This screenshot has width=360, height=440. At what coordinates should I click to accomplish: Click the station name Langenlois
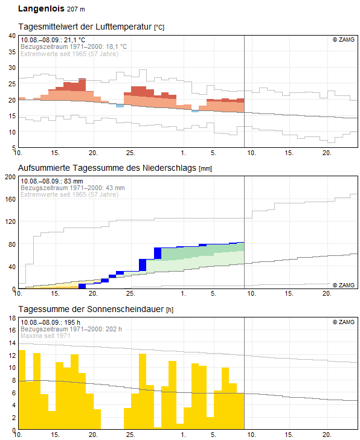[41, 8]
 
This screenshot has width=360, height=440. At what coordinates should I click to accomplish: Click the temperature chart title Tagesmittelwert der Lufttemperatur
[85, 27]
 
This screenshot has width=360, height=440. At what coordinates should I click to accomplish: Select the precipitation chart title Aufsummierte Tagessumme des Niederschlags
[107, 168]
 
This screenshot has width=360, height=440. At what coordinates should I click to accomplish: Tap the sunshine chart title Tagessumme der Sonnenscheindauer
[91, 309]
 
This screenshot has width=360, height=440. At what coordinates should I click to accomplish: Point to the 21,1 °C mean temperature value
[74, 40]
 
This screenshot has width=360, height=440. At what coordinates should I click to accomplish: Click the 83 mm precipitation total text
[73, 181]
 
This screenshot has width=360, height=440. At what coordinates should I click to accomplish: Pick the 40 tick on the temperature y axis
[12, 36]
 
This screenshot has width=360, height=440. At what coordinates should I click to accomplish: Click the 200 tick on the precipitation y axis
[10, 177]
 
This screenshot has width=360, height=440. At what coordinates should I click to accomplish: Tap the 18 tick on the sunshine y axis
[12, 318]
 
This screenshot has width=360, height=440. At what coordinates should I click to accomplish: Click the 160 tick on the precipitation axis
[10, 199]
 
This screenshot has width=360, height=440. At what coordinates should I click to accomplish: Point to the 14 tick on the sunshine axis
[12, 343]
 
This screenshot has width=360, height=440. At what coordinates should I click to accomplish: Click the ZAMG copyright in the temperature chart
[344, 40]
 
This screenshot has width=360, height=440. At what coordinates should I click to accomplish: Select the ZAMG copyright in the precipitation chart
[344, 285]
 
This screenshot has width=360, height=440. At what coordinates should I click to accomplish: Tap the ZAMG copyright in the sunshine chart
[344, 322]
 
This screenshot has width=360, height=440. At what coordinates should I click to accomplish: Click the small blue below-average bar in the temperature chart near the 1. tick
[195, 111]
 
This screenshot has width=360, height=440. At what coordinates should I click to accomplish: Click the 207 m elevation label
[76, 9]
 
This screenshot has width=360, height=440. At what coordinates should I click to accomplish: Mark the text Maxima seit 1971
[45, 336]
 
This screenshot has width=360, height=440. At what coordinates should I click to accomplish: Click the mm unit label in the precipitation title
[205, 168]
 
